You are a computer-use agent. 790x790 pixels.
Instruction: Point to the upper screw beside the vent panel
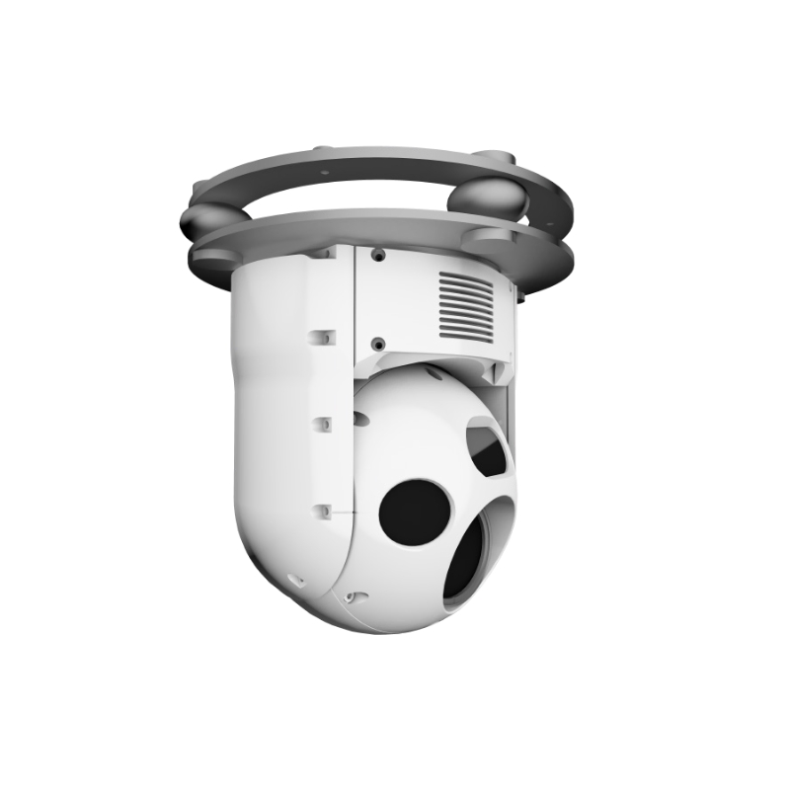point(377,254)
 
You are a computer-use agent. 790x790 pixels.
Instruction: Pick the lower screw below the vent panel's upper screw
point(377,344)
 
